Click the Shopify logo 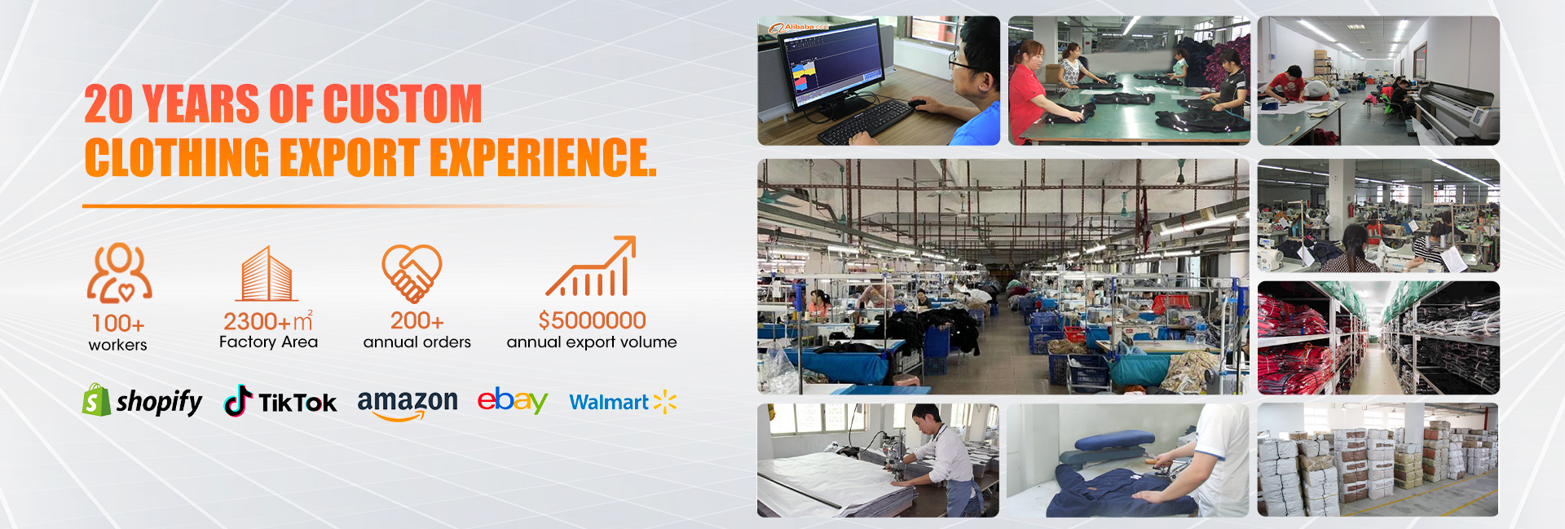143,400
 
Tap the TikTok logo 280,401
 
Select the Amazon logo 408,403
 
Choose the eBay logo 512,400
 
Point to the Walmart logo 623,402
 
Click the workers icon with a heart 119,273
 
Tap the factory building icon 266,274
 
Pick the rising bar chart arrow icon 591,266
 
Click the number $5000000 592,320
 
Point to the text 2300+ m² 268,320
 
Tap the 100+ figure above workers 118,324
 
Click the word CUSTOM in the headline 403,104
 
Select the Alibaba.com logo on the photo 798,28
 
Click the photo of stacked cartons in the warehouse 1378,460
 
